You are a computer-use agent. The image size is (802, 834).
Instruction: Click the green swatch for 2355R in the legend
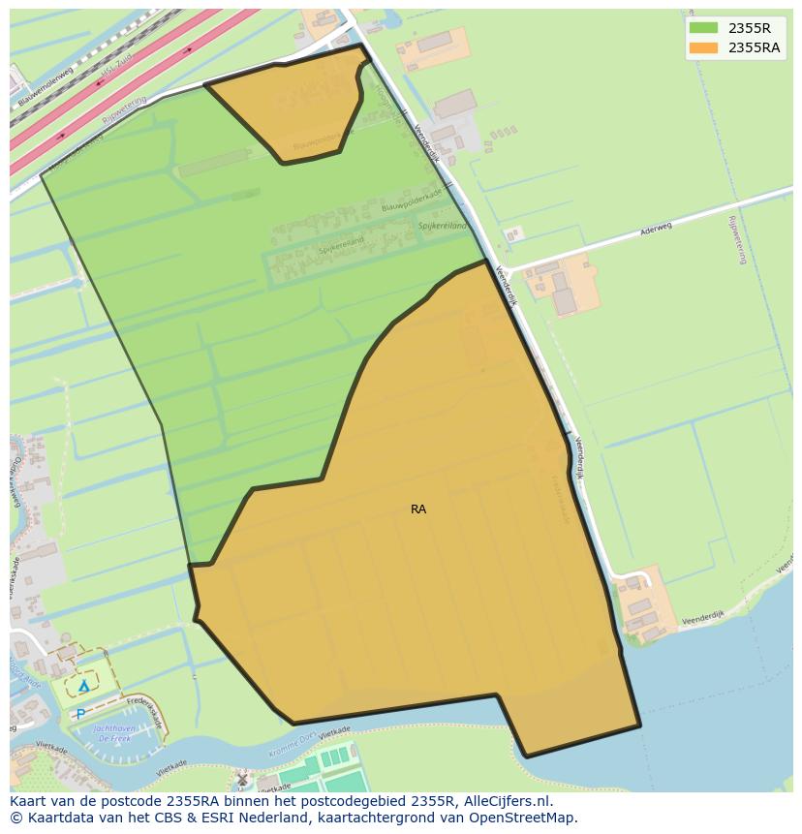pyautogui.click(x=704, y=28)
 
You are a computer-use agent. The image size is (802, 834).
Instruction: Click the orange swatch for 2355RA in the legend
pyautogui.click(x=704, y=47)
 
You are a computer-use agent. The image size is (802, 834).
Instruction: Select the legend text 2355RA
pyautogui.click(x=754, y=47)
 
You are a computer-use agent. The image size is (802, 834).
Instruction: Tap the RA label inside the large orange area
pyautogui.click(x=418, y=509)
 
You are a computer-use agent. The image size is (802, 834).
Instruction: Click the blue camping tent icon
pyautogui.click(x=83, y=686)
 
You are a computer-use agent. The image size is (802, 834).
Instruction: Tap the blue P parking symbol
pyautogui.click(x=79, y=714)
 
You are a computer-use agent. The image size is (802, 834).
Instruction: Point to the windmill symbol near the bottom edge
pyautogui.click(x=242, y=778)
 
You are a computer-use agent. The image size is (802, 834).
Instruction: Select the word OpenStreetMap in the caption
pyautogui.click(x=530, y=818)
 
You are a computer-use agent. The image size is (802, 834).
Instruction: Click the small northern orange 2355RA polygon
pyautogui.click(x=291, y=107)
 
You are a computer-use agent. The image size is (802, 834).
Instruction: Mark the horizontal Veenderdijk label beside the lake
pyautogui.click(x=702, y=616)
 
